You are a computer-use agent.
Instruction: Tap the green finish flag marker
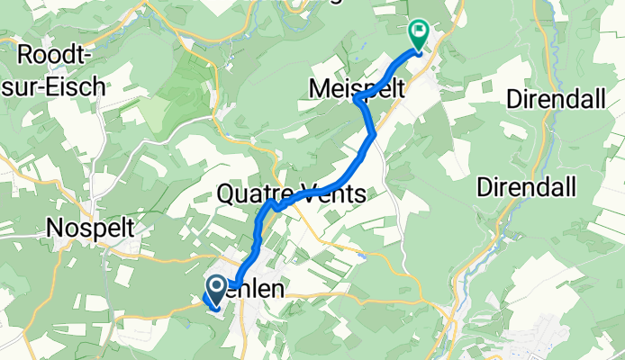[419, 34]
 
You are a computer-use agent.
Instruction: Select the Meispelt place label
[356, 87]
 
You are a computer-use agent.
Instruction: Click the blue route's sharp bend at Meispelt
[358, 98]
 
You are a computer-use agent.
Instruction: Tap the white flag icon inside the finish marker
[419, 30]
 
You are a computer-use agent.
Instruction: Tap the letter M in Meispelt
[320, 87]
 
